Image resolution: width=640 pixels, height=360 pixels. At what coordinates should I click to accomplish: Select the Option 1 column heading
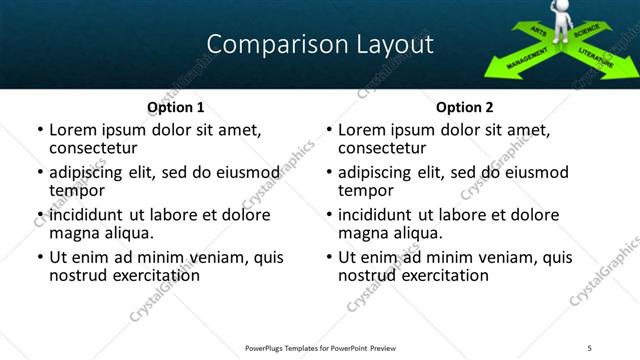tap(176, 107)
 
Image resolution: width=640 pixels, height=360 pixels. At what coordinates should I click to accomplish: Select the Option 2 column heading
tap(465, 107)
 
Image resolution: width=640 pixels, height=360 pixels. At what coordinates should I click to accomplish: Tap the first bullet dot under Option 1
tap(40, 131)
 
